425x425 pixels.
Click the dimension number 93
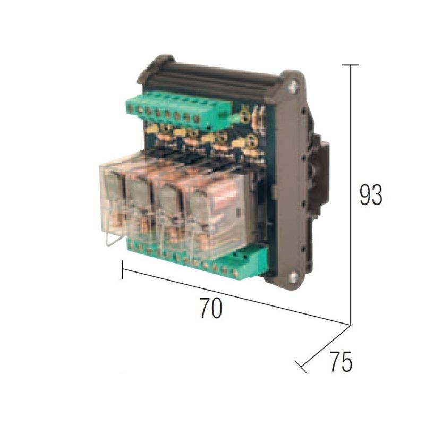click(x=371, y=194)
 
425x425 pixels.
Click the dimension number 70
click(x=211, y=308)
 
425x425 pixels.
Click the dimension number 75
click(x=341, y=361)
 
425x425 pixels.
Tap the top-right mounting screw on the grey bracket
click(x=293, y=87)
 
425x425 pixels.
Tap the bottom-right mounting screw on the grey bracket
click(x=293, y=276)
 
